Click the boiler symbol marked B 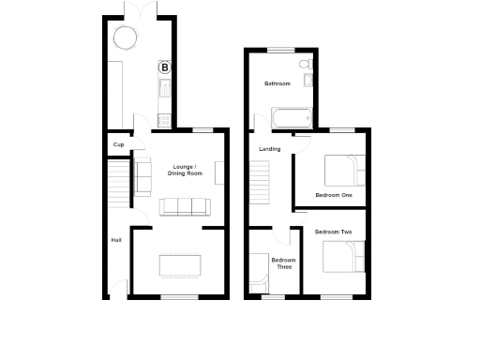pos(165,67)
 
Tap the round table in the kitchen pos(126,38)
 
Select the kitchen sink pos(165,90)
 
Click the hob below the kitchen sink pos(165,119)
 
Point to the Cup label pos(118,144)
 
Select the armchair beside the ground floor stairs pos(143,176)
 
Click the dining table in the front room pos(179,265)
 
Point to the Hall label pos(116,240)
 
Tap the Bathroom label pos(277,84)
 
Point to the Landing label pos(269,148)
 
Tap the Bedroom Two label pos(333,232)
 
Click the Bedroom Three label pos(282,263)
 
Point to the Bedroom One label pos(333,195)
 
